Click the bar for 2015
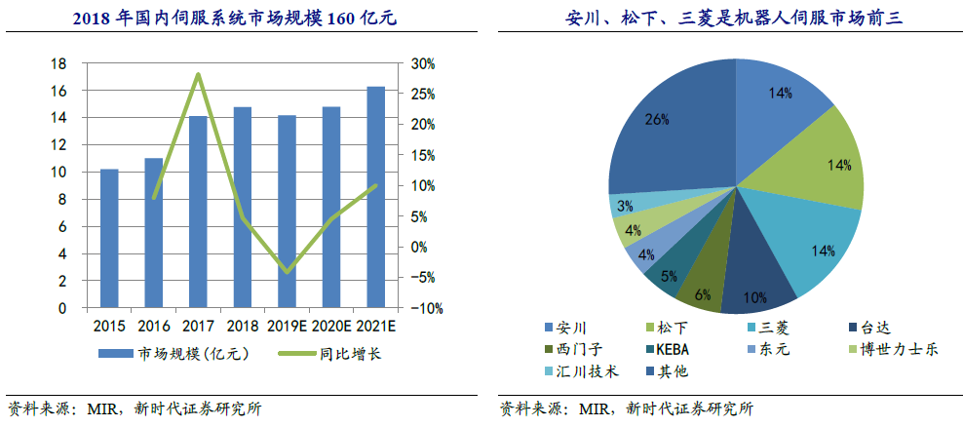(109, 239)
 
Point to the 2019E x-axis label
(287, 326)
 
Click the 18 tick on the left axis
(59, 63)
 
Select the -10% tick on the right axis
(424, 308)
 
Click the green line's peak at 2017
(198, 74)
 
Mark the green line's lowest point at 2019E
(287, 272)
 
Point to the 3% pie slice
(624, 206)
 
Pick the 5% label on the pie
(669, 276)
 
